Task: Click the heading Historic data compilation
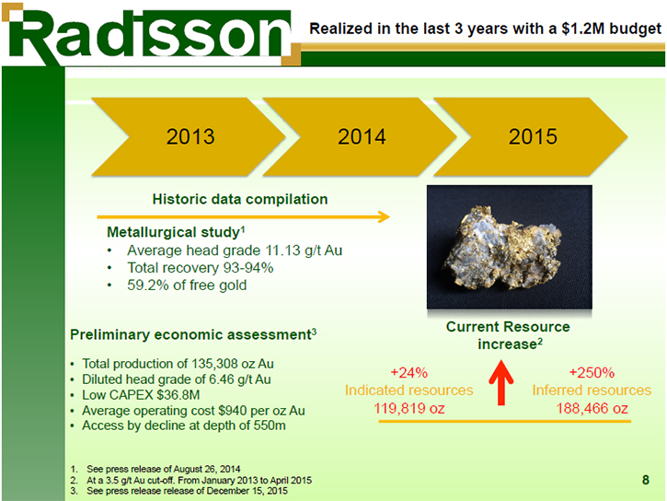(x=240, y=199)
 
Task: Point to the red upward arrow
(x=501, y=383)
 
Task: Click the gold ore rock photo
(x=509, y=247)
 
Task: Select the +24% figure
(x=408, y=373)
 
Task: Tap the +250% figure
(x=592, y=373)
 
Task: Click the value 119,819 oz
(x=409, y=409)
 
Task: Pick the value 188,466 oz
(x=592, y=409)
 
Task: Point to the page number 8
(x=645, y=480)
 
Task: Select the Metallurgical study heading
(x=176, y=232)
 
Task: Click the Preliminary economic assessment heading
(x=193, y=334)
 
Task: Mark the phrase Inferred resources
(x=592, y=390)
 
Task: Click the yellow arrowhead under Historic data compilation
(x=385, y=217)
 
